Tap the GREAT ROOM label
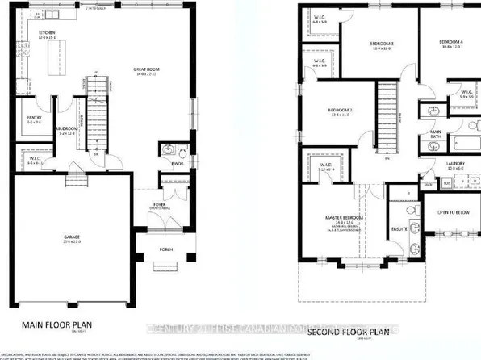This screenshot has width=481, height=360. point(146,69)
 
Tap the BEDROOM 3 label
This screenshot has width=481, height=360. point(380,42)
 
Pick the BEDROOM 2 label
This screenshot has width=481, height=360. point(338,110)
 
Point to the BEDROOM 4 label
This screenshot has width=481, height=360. point(452,41)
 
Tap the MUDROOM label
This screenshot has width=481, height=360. point(66,129)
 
